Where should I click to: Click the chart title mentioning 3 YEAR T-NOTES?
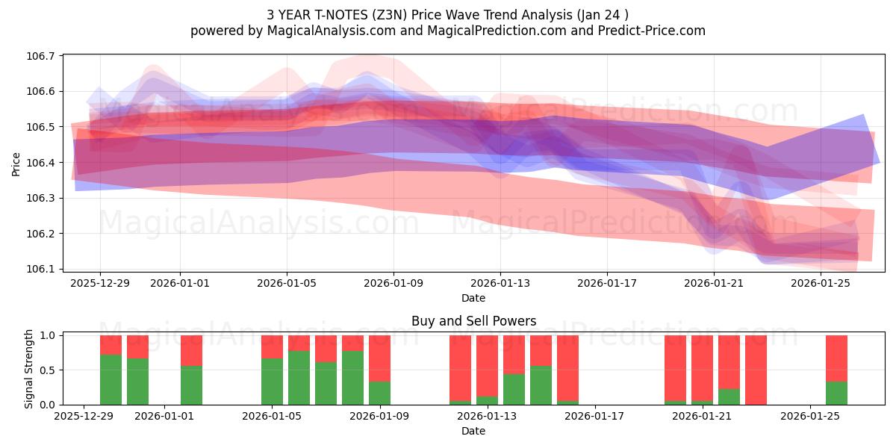pyautogui.click(x=448, y=14)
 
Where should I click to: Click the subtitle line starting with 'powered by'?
pyautogui.click(x=448, y=31)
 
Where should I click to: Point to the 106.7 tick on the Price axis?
pyautogui.click(x=42, y=56)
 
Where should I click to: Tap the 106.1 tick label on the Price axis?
pyautogui.click(x=42, y=269)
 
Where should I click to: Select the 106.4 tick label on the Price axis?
pyautogui.click(x=42, y=163)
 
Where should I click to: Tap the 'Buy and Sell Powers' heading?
pyautogui.click(x=473, y=322)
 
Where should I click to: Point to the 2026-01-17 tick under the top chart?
pyautogui.click(x=607, y=284)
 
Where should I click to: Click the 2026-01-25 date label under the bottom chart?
pyautogui.click(x=811, y=417)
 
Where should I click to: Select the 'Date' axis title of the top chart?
pyautogui.click(x=473, y=298)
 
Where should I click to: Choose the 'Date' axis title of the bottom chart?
pyautogui.click(x=473, y=431)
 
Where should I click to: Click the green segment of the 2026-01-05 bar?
pyautogui.click(x=272, y=382)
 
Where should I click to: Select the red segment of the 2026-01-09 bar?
pyautogui.click(x=379, y=358)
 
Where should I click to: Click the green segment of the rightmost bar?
pyautogui.click(x=836, y=393)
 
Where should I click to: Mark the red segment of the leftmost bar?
pyautogui.click(x=111, y=344)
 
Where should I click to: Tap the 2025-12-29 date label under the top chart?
pyautogui.click(x=100, y=284)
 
